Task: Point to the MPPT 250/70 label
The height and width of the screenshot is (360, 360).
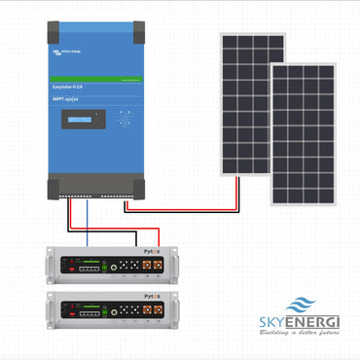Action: pos(70,100)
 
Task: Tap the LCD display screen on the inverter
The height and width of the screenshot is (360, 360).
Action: pos(84,119)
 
